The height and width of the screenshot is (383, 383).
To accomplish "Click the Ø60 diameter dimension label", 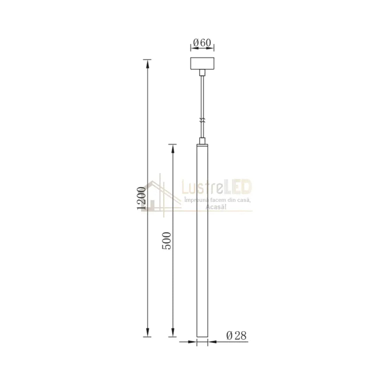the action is tap(202, 43).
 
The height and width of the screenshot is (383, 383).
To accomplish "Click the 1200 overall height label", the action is tap(142, 198).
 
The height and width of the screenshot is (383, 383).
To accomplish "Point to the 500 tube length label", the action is tap(167, 241).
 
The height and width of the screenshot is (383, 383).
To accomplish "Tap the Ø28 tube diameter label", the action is tap(236, 336).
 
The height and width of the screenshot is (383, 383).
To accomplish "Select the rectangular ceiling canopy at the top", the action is tap(202, 64).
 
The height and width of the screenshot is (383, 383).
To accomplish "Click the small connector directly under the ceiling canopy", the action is tap(202, 72).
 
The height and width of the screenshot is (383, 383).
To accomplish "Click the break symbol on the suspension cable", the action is tap(202, 120).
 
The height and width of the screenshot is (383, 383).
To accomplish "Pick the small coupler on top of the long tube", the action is tap(202, 141).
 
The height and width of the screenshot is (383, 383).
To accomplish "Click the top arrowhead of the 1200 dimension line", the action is tap(147, 64).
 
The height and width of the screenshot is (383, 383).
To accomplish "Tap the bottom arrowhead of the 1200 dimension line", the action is tap(147, 332).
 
